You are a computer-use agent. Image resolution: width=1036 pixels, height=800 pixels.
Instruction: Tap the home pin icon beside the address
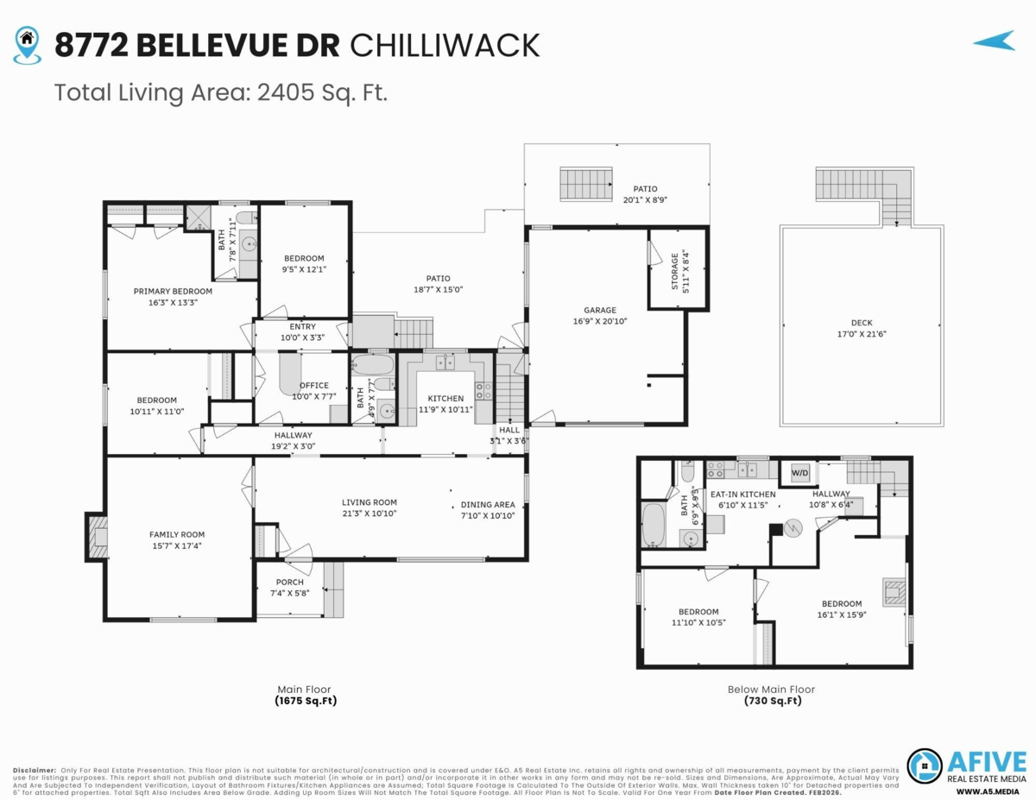point(28,44)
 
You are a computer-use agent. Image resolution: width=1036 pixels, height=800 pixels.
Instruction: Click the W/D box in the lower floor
point(800,473)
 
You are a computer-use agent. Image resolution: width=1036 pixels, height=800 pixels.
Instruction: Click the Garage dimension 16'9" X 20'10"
point(600,321)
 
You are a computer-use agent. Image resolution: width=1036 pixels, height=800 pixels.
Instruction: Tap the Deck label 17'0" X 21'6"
point(861,329)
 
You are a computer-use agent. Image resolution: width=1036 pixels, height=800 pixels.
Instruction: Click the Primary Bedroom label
point(173,292)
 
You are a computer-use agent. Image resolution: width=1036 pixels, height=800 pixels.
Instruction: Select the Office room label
point(313,386)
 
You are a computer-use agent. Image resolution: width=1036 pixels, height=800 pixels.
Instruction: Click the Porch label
point(289,582)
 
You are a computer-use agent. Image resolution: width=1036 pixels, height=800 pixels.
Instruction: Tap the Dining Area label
point(488,505)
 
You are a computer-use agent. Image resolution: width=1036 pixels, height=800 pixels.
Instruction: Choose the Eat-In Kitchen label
point(742,494)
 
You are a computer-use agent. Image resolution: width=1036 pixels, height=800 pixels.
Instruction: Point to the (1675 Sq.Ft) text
point(305,702)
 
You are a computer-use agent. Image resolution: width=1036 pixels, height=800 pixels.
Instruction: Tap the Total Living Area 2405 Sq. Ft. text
point(220,92)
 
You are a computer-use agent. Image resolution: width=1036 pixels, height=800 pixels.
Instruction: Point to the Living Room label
point(369,502)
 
